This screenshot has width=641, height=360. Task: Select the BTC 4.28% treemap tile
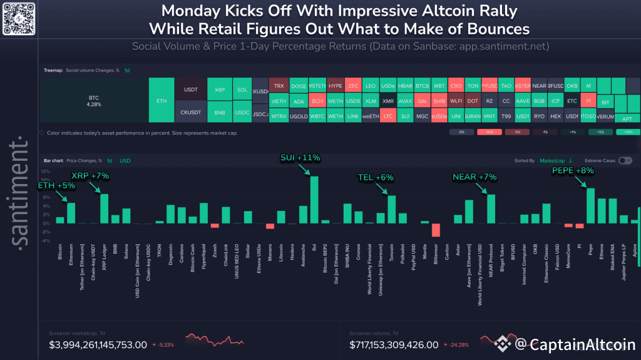coord(94,100)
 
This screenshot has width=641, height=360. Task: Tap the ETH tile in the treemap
coord(162,100)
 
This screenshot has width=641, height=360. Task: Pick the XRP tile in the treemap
coord(219,89)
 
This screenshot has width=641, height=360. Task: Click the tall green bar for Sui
coord(314,200)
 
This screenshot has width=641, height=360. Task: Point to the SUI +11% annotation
coord(300,158)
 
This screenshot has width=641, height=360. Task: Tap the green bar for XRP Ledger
coord(105,208)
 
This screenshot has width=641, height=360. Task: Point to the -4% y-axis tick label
coord(45,240)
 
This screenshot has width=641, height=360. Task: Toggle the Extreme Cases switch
coord(624,161)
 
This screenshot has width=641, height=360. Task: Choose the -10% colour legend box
coord(489,133)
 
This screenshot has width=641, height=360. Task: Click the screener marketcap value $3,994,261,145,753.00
coord(98,345)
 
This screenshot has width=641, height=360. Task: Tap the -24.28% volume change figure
coord(466,345)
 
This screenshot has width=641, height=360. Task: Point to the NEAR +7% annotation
coord(474,177)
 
